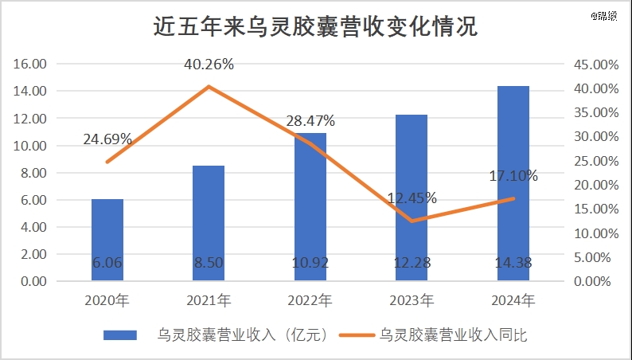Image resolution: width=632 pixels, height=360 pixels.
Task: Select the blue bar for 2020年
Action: (107, 239)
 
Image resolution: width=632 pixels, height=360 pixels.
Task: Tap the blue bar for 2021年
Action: (209, 223)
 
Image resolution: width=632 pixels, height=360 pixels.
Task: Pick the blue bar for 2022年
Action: (310, 207)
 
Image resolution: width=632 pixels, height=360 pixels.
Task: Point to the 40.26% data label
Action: (209, 65)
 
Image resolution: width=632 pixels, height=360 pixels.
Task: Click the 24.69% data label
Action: (107, 139)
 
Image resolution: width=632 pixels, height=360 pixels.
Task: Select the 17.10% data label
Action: (513, 176)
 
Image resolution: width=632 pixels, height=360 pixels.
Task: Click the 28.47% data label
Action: (310, 121)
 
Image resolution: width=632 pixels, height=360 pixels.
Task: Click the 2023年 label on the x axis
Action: (412, 301)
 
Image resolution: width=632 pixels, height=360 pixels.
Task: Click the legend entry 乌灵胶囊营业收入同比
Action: (453, 335)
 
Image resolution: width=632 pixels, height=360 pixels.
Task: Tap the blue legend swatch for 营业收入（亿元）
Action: (120, 335)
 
